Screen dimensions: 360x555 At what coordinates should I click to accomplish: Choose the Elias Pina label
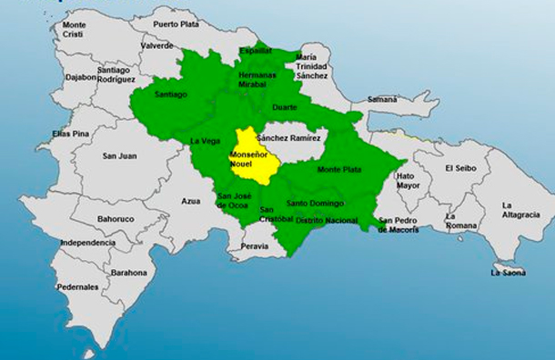(70, 134)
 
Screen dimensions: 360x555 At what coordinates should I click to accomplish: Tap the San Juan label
(119, 155)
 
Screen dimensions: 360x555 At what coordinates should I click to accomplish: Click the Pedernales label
(77, 286)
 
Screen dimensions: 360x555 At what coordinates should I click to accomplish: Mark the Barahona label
(128, 272)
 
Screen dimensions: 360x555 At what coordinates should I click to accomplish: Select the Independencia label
(87, 243)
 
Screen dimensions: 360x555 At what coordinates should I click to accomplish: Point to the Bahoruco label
(116, 219)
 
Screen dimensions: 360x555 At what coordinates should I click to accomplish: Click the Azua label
(190, 201)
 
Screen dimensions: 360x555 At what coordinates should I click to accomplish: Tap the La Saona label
(508, 272)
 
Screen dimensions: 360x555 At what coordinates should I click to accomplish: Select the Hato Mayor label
(406, 180)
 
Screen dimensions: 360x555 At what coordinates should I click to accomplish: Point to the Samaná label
(382, 99)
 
